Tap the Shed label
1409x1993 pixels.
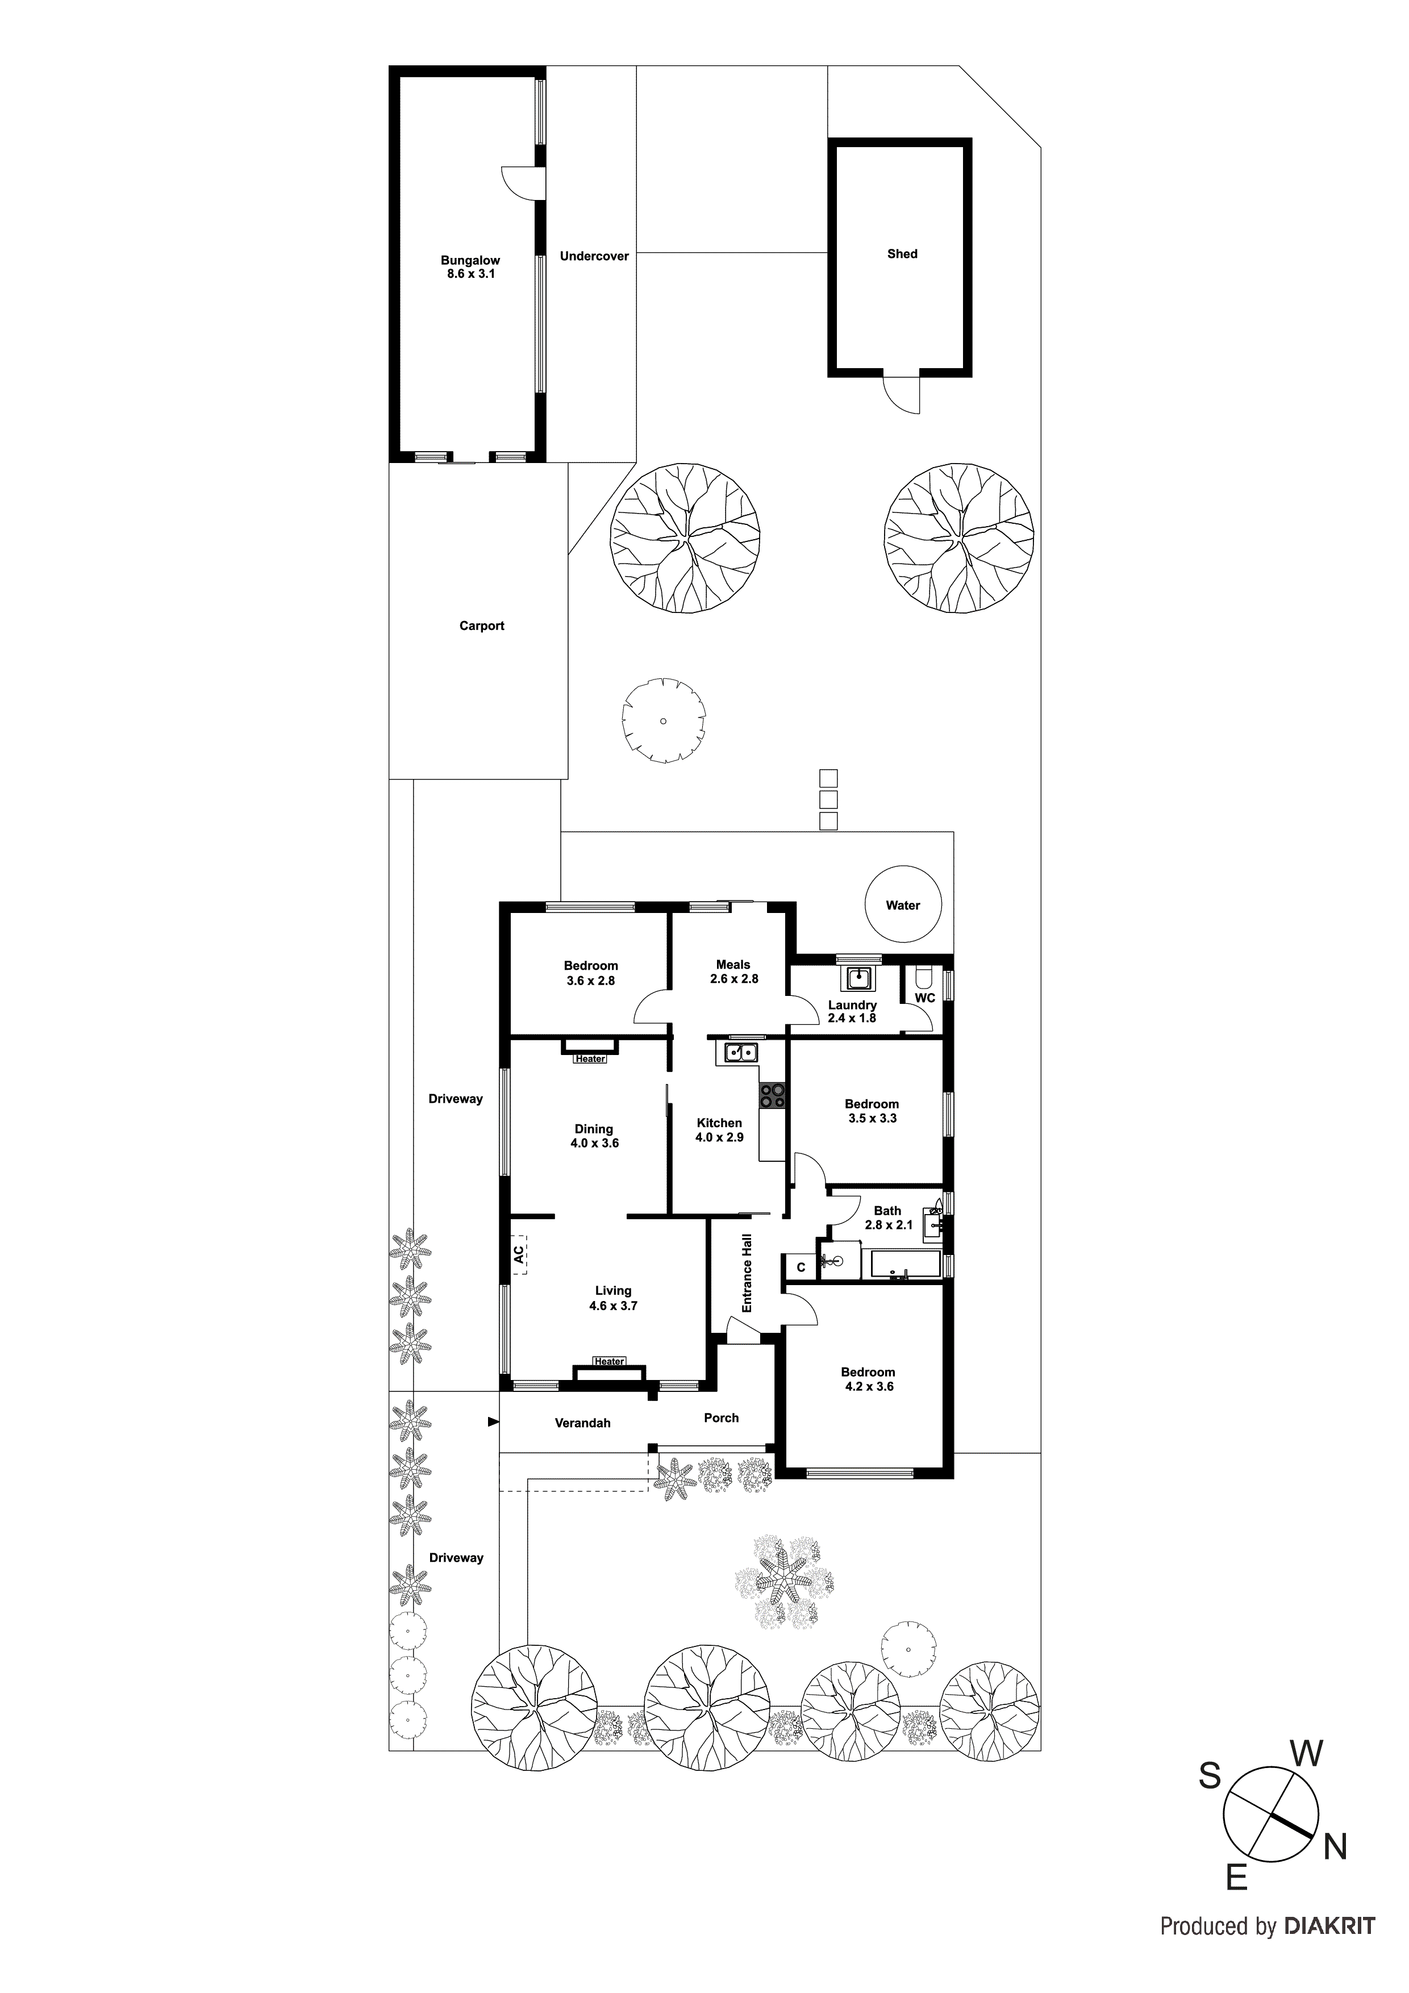902,255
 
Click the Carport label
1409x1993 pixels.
482,626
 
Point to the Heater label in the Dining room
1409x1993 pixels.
590,1059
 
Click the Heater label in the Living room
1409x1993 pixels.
610,1361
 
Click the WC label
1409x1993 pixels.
924,998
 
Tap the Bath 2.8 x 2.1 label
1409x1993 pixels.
888,1218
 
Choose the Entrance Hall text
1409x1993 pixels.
747,1273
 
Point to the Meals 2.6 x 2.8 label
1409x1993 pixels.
733,972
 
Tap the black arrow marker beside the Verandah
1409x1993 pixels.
493,1422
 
